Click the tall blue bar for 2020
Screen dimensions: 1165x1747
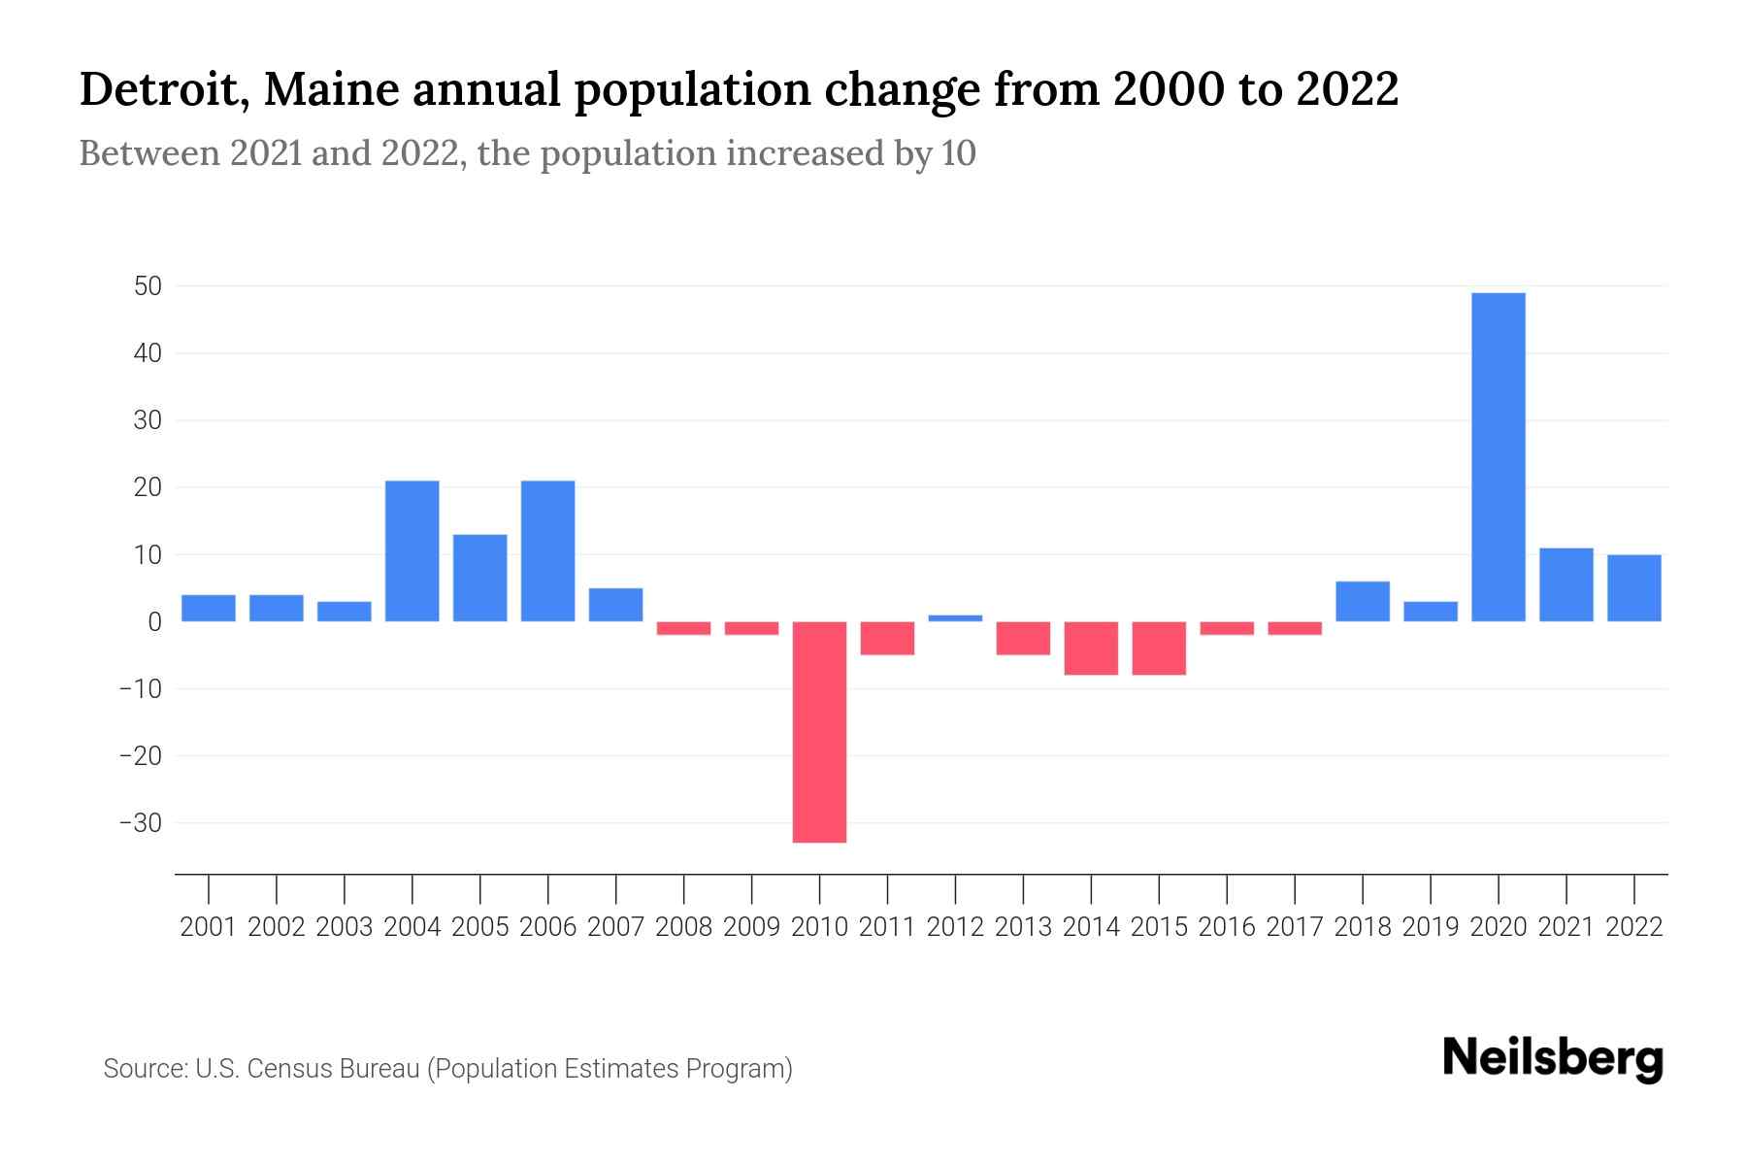[1498, 457]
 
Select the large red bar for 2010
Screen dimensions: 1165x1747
[819, 732]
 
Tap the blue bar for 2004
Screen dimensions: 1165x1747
[412, 551]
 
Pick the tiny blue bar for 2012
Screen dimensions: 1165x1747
[955, 618]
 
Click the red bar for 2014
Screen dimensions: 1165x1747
[1091, 649]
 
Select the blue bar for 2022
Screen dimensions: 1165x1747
[1633, 588]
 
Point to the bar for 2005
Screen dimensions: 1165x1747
[479, 579]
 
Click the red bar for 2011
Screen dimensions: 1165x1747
[887, 639]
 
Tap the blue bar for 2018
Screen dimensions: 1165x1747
[1362, 602]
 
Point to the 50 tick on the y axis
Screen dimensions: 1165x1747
[148, 286]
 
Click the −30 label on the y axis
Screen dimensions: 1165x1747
[140, 823]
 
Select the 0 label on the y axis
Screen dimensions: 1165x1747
[154, 622]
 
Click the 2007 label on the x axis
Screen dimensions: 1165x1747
[615, 927]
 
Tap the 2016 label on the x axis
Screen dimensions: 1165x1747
[1227, 927]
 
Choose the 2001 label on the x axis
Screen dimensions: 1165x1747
[209, 927]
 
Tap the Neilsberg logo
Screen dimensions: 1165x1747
[1553, 1058]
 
